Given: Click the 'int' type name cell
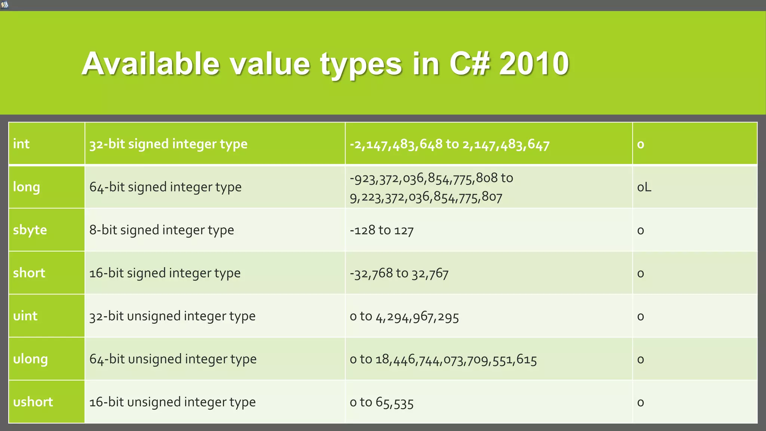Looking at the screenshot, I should click(x=21, y=144).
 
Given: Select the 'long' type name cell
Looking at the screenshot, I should click(x=27, y=187).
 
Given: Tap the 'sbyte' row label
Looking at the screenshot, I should click(x=30, y=230).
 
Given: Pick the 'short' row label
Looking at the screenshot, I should click(x=29, y=273).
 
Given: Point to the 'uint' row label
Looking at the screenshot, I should click(x=25, y=316).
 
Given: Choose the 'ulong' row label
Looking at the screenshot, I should click(x=30, y=359).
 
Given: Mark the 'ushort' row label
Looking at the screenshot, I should click(x=33, y=402).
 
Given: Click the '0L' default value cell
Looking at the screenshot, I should click(x=644, y=187).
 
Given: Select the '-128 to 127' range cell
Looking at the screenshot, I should click(x=382, y=230).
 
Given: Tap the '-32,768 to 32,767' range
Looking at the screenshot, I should click(x=399, y=273).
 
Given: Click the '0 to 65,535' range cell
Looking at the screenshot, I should click(x=382, y=402).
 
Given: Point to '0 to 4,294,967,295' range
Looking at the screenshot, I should click(x=404, y=317).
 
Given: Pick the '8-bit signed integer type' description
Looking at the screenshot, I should click(x=162, y=230).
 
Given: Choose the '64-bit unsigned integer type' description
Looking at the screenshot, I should click(x=173, y=359).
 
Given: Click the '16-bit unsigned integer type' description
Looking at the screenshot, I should click(x=172, y=402).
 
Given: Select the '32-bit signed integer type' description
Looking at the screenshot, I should click(x=168, y=144).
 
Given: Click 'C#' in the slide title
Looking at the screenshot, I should click(x=470, y=64).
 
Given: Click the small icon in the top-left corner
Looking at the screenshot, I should click(x=4, y=5).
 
